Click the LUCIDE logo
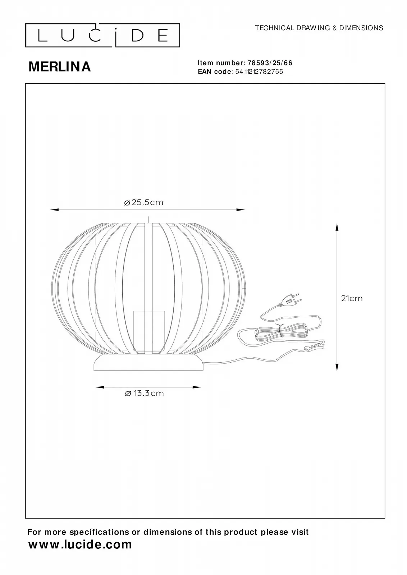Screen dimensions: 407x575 (102, 36)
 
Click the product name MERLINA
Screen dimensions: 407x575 (60, 67)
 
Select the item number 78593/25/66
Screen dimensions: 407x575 (270, 63)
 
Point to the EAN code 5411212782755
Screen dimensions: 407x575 (259, 72)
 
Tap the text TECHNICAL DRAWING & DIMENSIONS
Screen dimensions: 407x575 (319, 28)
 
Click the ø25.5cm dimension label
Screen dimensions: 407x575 (143, 203)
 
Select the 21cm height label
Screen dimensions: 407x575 (352, 298)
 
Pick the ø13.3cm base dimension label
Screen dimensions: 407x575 (144, 400)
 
